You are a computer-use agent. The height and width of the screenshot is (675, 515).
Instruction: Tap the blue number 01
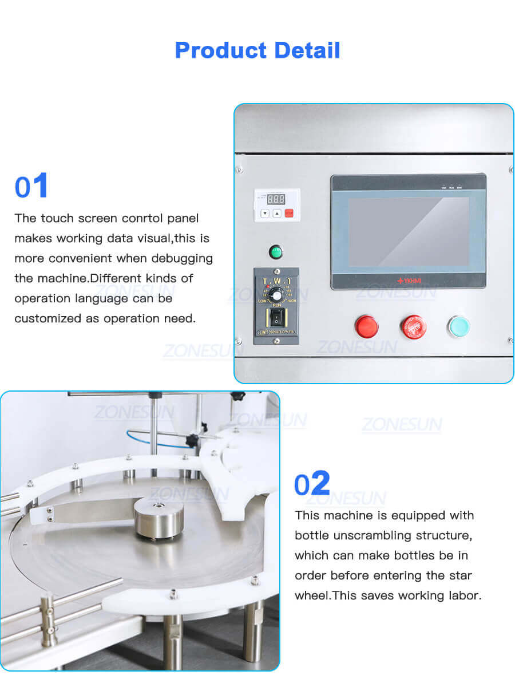coord(31,187)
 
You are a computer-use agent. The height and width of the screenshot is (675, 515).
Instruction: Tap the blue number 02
coord(312,484)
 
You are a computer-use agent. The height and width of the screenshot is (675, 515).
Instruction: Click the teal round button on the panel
coord(458,326)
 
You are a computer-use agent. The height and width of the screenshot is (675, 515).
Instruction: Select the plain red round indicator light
coord(366,326)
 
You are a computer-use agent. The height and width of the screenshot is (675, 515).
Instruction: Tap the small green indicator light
coord(276,251)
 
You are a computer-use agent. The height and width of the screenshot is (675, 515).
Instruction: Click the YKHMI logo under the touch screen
coord(408,281)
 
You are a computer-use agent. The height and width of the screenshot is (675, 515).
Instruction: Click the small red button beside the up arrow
coord(289,213)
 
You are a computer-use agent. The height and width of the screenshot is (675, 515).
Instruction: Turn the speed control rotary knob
coord(277,294)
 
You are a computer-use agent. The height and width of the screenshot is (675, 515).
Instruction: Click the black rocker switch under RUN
coord(276,317)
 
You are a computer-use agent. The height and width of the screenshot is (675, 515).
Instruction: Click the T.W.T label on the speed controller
coord(276,281)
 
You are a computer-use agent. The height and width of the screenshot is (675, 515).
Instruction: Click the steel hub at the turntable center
coord(159,516)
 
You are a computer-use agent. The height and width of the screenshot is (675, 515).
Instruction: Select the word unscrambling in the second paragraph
coord(367,535)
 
